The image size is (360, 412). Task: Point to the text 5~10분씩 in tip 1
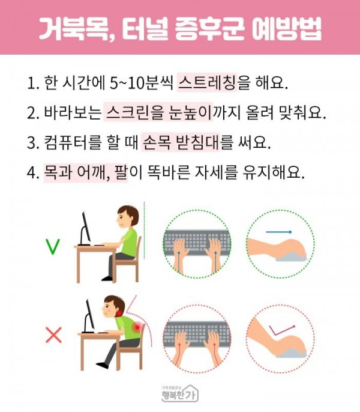click(x=141, y=83)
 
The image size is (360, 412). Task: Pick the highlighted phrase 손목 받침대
click(x=181, y=142)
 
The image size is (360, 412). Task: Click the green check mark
click(x=53, y=247)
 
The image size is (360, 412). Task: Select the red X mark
click(x=54, y=335)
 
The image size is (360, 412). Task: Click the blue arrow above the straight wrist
click(x=278, y=232)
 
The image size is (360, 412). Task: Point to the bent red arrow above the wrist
click(x=282, y=330)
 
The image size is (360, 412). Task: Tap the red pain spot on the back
click(x=137, y=327)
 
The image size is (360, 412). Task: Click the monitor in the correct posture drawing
click(x=85, y=229)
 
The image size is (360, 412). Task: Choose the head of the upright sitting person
click(x=127, y=217)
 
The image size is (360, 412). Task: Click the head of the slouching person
click(x=113, y=307)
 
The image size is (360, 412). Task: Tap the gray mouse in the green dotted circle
click(x=291, y=257)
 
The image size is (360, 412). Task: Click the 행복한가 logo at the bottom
click(x=179, y=393)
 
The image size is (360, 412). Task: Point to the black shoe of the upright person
click(x=107, y=278)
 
